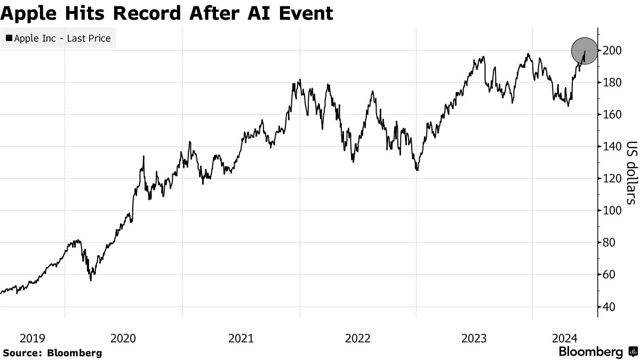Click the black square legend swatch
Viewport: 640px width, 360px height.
pyautogui.click(x=9, y=38)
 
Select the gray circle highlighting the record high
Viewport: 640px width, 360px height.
pyautogui.click(x=584, y=51)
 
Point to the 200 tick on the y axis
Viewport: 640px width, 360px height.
pyautogui.click(x=612, y=51)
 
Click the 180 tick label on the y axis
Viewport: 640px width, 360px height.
pyautogui.click(x=612, y=83)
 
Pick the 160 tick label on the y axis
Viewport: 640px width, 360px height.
pyautogui.click(x=612, y=115)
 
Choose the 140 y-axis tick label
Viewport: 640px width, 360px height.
pyautogui.click(x=612, y=147)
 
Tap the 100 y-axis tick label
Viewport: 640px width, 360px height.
pyautogui.click(x=612, y=211)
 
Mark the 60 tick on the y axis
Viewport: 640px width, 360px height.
pyautogui.click(x=610, y=275)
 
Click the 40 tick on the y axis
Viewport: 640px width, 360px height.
pyautogui.click(x=610, y=307)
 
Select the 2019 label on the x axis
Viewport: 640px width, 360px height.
pyautogui.click(x=33, y=338)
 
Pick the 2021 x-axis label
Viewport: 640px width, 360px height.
pyautogui.click(x=241, y=338)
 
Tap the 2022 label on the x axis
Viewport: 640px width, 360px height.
pyautogui.click(x=357, y=338)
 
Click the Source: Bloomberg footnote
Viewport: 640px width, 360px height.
pyautogui.click(x=52, y=353)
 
